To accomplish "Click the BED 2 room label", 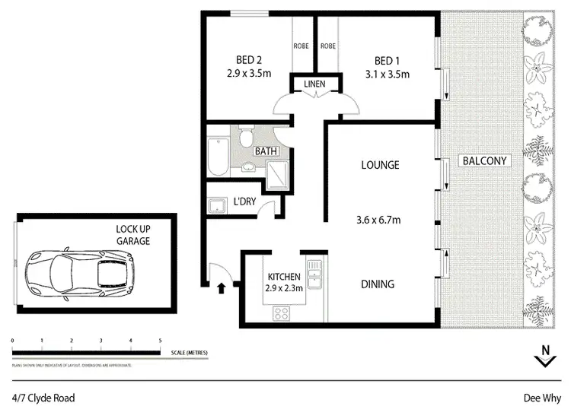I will (x=243, y=61).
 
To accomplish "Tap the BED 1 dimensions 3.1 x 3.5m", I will (x=387, y=75).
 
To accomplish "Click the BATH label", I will (x=266, y=151).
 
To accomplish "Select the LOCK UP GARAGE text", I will (x=133, y=234).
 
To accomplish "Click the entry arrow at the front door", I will (x=222, y=288).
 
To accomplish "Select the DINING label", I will (x=377, y=284).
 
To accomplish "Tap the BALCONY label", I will (x=484, y=161).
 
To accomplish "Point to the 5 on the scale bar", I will (x=160, y=340).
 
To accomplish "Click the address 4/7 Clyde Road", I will (x=43, y=397).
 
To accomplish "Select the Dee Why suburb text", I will (x=541, y=397).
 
